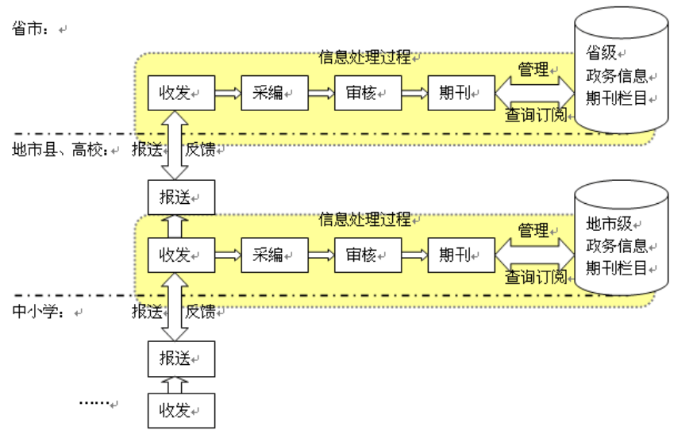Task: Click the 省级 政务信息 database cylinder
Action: click(x=621, y=75)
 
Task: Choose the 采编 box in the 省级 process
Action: click(x=274, y=93)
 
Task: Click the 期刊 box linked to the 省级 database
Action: click(x=460, y=93)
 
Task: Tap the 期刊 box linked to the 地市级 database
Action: click(x=460, y=255)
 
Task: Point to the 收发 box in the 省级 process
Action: click(x=181, y=93)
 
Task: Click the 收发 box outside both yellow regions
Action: click(x=181, y=410)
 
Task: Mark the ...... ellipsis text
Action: click(x=94, y=402)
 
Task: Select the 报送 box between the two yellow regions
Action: click(x=181, y=197)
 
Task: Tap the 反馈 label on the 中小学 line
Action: click(x=200, y=312)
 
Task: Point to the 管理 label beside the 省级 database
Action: click(x=533, y=70)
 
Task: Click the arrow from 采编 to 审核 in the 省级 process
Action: click(x=321, y=93)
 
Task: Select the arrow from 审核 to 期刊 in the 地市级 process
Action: click(x=414, y=255)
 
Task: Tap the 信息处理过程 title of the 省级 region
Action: click(x=365, y=57)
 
